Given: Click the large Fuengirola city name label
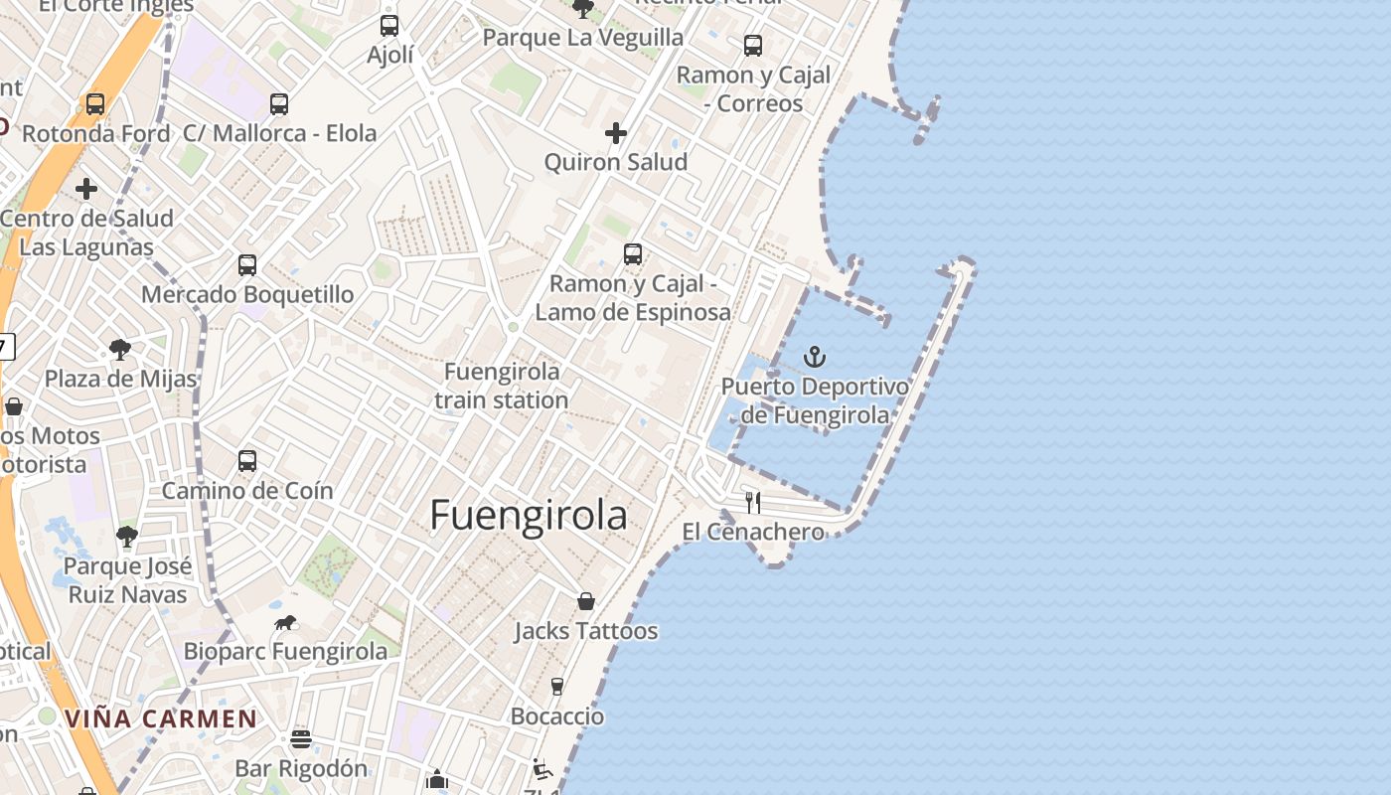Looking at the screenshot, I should point(529,516).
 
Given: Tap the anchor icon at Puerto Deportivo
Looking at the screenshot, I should point(815,356).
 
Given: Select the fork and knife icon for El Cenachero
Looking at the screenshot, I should point(753,502).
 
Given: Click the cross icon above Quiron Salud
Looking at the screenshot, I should point(616,132).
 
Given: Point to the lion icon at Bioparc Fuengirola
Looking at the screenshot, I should point(285,623).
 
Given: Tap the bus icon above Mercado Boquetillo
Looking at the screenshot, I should point(247,265).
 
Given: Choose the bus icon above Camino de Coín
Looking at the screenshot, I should point(247,461).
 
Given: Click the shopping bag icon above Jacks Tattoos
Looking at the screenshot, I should point(586,601).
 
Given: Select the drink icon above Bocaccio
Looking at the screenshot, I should point(557,687).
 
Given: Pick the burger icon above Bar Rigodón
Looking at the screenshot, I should point(301,739).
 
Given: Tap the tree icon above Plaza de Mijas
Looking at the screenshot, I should point(120,350).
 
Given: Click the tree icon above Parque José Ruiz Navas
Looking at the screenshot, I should point(126,537).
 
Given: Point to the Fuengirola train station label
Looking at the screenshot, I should point(502,386).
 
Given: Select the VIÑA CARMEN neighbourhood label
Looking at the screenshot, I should point(161,718).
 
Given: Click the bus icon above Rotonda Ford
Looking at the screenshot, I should point(95,103).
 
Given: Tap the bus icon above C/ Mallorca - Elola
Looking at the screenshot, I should point(279,103).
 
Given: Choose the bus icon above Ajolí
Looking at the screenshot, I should point(389,26).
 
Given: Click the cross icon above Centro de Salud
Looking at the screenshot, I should point(86,188).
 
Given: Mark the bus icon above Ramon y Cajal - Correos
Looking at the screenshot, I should point(753,45).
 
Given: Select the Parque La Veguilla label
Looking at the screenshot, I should point(582,38).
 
